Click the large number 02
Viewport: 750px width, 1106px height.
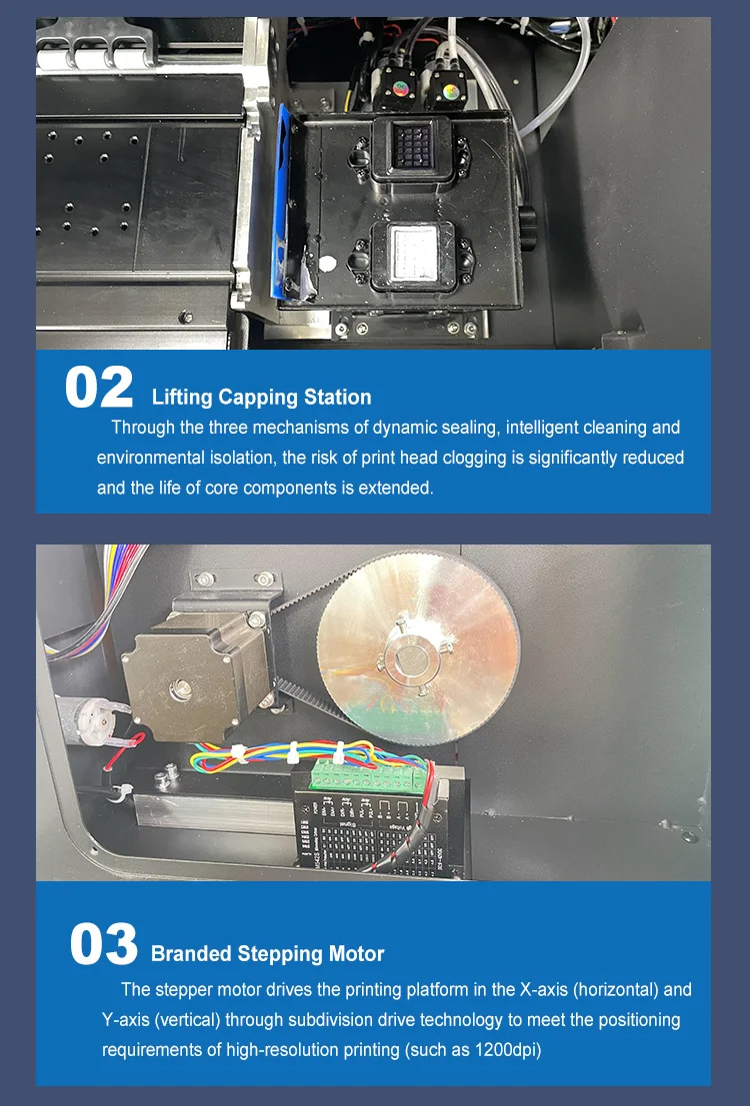[99, 387]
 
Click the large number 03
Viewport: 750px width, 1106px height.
[104, 944]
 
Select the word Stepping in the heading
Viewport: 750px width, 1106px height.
[280, 954]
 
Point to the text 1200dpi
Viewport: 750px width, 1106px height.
[507, 1050]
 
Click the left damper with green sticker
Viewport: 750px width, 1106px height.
[400, 89]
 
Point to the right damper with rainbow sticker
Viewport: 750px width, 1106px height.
[448, 89]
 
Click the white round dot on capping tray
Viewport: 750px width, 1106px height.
[327, 265]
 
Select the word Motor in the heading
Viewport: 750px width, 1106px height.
[357, 954]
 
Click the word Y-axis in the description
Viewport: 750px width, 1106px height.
[125, 1020]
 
